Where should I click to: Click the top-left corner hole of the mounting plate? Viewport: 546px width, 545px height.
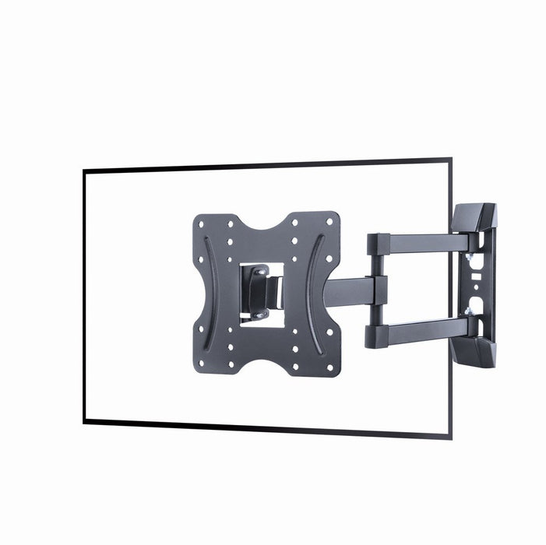(x=202, y=223)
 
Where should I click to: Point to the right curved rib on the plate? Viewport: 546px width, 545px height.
(x=310, y=294)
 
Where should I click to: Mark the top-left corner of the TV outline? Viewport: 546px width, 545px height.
(x=84, y=171)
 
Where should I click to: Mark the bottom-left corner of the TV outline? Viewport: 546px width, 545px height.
(x=84, y=421)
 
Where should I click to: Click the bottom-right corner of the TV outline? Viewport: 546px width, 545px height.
(x=449, y=436)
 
